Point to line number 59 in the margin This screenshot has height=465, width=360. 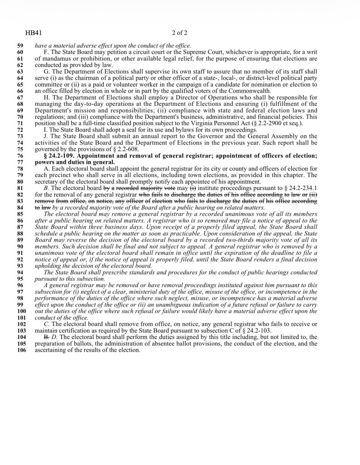(20, 46)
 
